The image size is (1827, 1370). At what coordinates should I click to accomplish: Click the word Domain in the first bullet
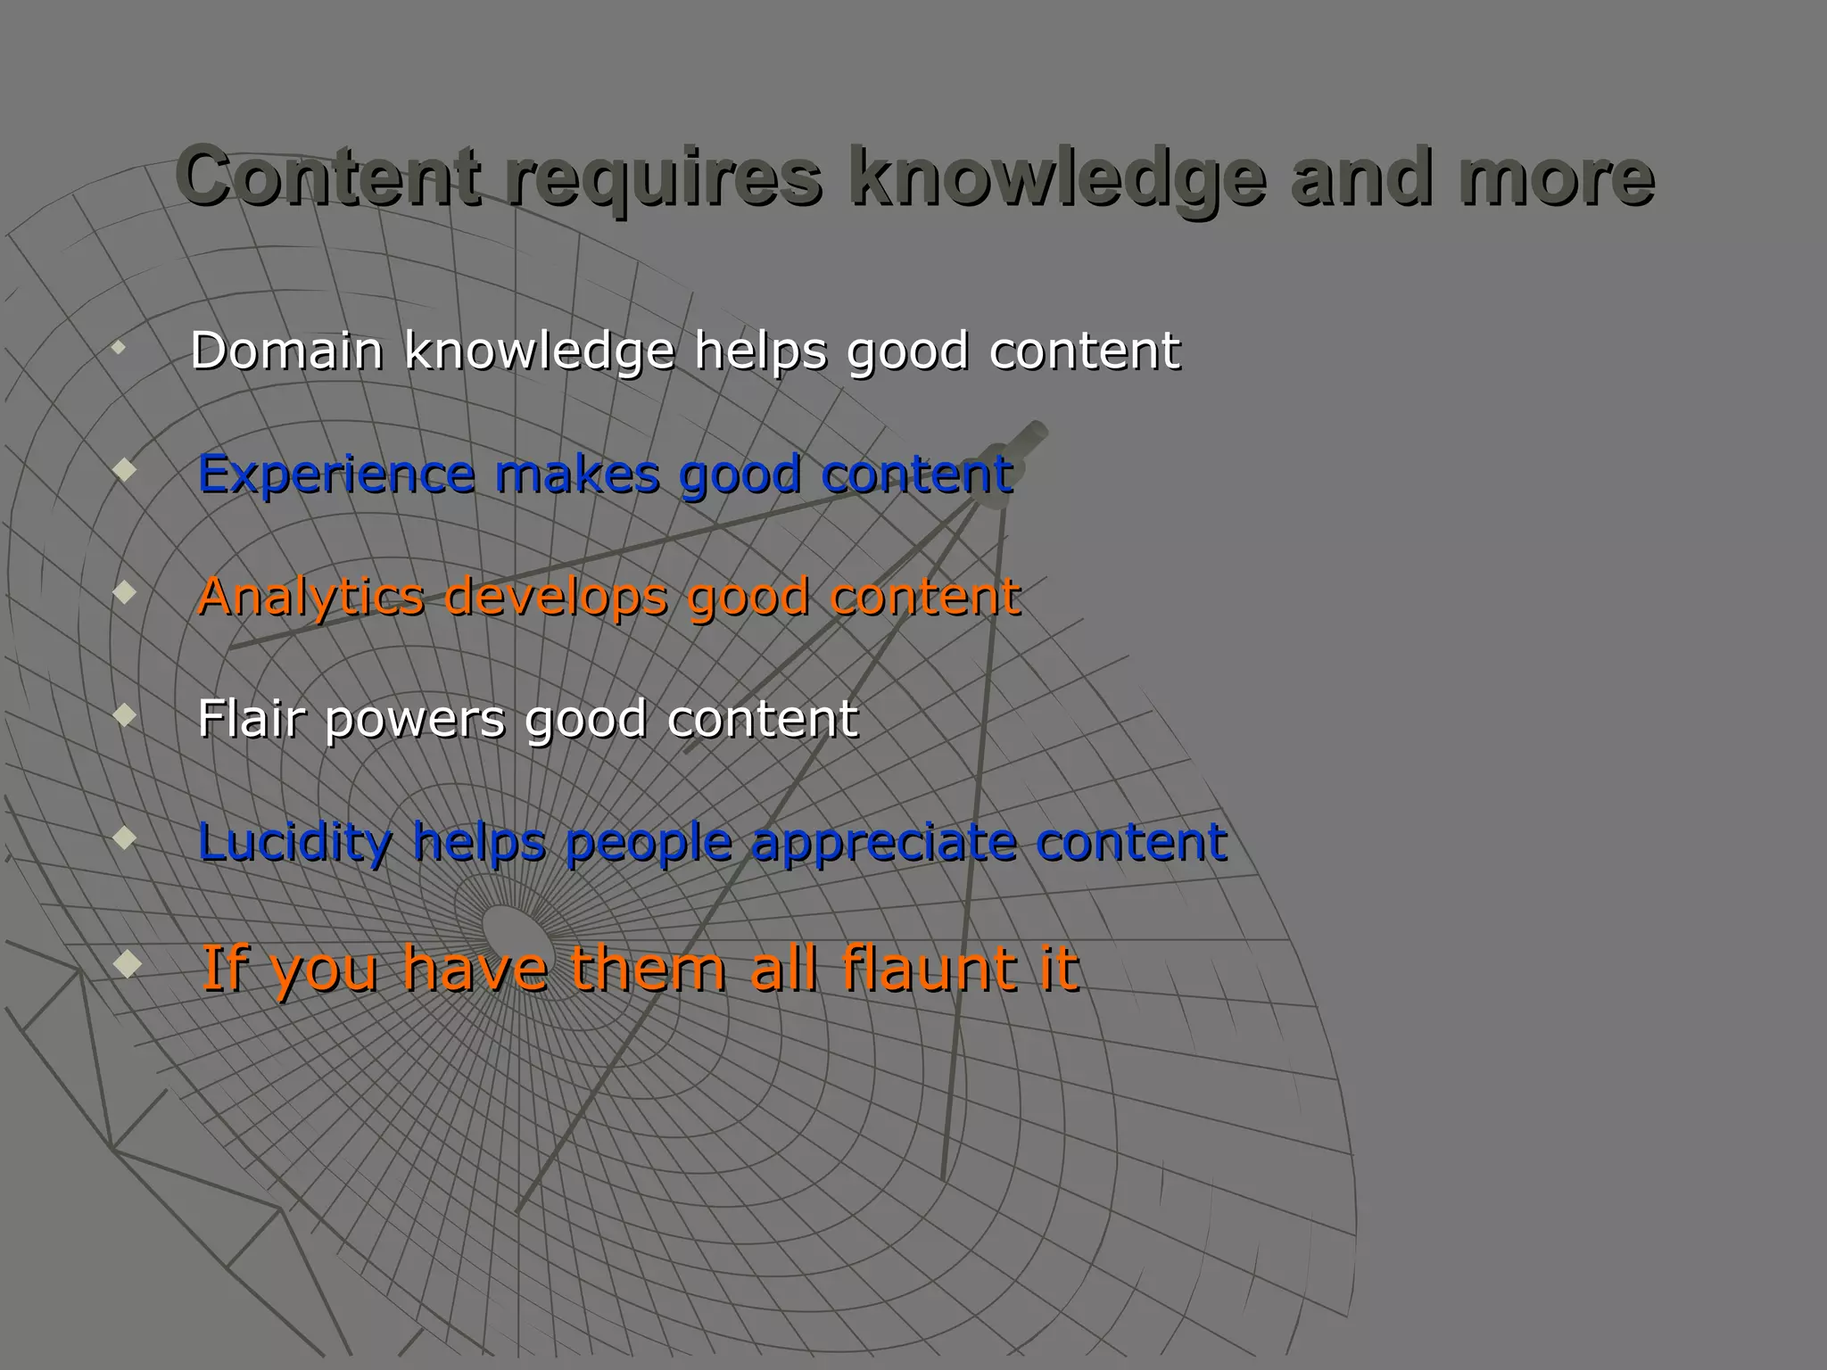(x=286, y=350)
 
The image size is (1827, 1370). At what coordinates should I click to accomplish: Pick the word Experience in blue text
(x=336, y=474)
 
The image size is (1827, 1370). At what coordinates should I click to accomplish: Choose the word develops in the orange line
(x=556, y=596)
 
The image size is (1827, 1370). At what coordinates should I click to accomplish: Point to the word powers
(x=414, y=719)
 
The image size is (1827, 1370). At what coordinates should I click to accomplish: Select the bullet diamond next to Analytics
(x=126, y=591)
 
